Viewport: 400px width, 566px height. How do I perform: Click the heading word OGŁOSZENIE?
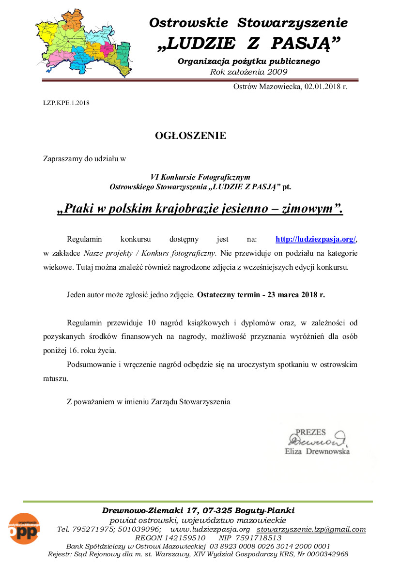point(190,136)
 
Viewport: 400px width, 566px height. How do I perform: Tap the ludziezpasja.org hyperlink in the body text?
point(316,239)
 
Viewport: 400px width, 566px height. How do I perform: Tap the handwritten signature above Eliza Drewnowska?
point(315,441)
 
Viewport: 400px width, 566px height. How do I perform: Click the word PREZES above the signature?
point(310,432)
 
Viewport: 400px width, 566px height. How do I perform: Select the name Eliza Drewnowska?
point(317,451)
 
